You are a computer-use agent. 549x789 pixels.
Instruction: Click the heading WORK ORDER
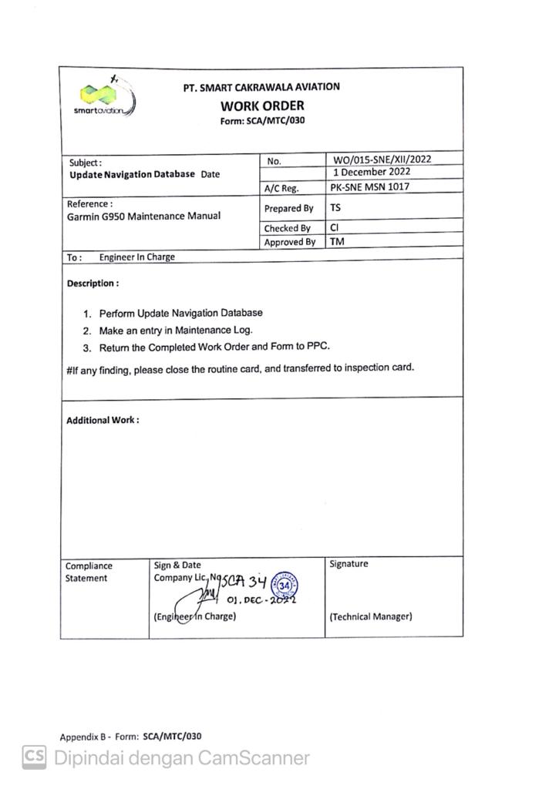tap(262, 106)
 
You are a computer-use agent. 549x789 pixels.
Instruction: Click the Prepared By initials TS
tap(335, 208)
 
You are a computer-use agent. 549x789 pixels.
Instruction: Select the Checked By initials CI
tap(335, 228)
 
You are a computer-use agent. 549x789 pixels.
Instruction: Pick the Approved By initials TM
tap(337, 242)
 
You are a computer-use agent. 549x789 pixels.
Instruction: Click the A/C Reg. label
tap(281, 188)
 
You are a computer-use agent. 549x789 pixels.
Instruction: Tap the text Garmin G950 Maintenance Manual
tap(143, 217)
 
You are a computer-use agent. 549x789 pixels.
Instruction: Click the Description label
tap(93, 284)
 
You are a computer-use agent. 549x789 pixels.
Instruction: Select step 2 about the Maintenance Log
tap(176, 331)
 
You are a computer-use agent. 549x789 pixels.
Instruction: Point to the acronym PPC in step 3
tap(319, 347)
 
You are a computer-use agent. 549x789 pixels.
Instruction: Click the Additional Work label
tap(103, 421)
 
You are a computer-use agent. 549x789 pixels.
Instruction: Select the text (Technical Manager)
tap(370, 616)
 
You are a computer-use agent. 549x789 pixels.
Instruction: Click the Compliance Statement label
tap(89, 572)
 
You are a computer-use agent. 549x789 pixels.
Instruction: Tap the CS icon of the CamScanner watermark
tap(33, 757)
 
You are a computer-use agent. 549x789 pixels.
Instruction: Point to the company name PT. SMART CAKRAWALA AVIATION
tap(261, 88)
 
